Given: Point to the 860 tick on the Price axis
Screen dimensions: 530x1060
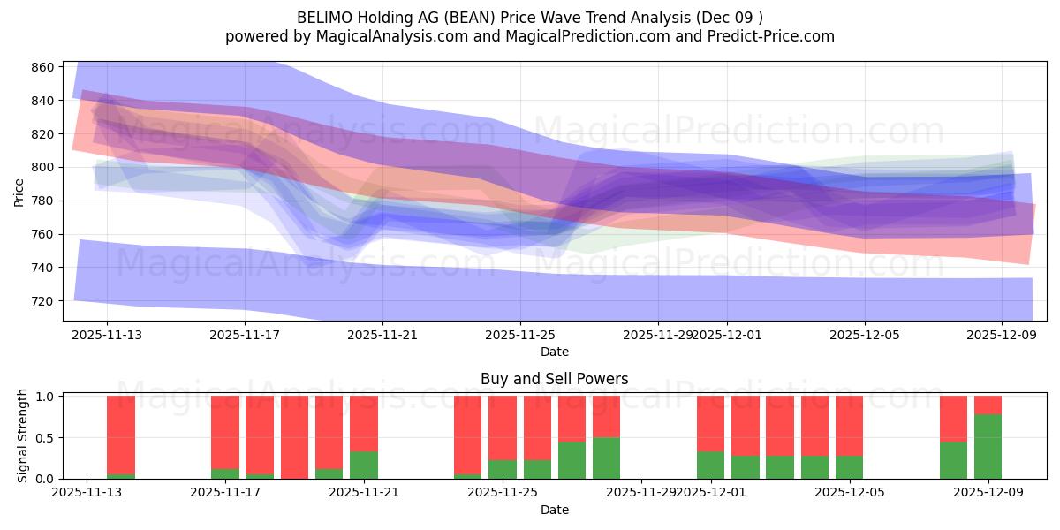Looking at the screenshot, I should coord(44,67).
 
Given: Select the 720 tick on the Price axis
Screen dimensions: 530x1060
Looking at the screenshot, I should coord(44,300).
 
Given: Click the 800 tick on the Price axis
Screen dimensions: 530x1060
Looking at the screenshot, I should coord(44,167).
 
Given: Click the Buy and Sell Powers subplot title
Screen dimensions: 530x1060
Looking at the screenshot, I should coord(554,379).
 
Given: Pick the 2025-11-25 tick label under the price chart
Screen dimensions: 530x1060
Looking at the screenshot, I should coord(520,335).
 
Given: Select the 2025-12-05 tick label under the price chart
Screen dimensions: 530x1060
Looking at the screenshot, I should coord(864,335).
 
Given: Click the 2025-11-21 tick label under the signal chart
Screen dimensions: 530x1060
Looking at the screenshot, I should coord(364,493).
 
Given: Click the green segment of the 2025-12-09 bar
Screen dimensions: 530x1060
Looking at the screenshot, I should coord(988,447).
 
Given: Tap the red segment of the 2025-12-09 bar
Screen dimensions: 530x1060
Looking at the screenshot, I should coord(988,405).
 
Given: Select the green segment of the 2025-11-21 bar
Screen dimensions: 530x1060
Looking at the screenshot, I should coord(364,466).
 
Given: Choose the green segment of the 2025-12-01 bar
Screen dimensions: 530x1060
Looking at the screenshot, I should coord(710,466).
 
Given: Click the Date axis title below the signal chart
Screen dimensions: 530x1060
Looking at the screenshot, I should coord(554,510).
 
